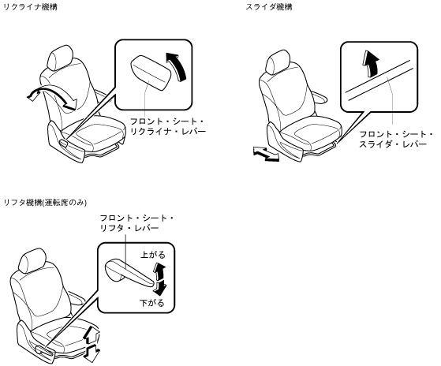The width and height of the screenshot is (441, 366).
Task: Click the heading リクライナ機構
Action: [30, 7]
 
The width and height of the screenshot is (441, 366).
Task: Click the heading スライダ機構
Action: [269, 7]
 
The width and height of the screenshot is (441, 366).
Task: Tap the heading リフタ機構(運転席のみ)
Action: [45, 203]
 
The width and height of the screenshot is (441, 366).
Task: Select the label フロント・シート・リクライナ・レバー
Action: [167, 126]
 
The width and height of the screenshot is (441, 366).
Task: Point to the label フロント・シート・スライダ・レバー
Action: [396, 140]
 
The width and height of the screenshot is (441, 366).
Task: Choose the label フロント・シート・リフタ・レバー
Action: [137, 222]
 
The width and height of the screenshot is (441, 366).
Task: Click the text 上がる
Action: [153, 255]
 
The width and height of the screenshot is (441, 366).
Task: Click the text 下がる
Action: [152, 303]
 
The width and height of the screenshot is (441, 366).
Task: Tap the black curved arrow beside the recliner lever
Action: [178, 66]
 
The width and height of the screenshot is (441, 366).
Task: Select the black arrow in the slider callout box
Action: [371, 63]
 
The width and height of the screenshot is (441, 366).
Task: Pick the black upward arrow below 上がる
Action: [159, 271]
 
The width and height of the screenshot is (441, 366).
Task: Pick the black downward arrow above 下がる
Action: [160, 288]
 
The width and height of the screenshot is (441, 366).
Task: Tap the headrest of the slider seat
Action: [278, 62]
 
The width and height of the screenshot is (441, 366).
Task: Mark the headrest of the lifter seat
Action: [32, 261]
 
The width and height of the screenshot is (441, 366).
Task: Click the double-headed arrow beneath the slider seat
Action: [266, 154]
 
